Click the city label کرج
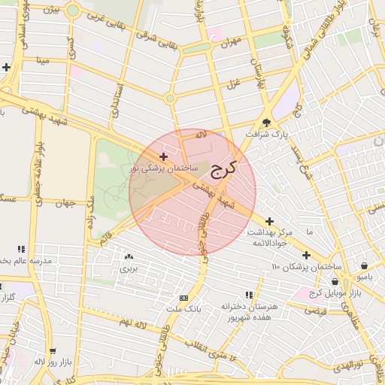pyautogui.click(x=223, y=169)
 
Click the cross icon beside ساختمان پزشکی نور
pyautogui.click(x=164, y=156)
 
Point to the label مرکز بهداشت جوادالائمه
pyautogui.click(x=270, y=238)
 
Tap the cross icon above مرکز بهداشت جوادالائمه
pyautogui.click(x=269, y=220)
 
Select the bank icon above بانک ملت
pyautogui.click(x=185, y=298)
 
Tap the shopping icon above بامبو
pyautogui.click(x=365, y=265)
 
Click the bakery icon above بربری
pyautogui.click(x=129, y=256)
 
